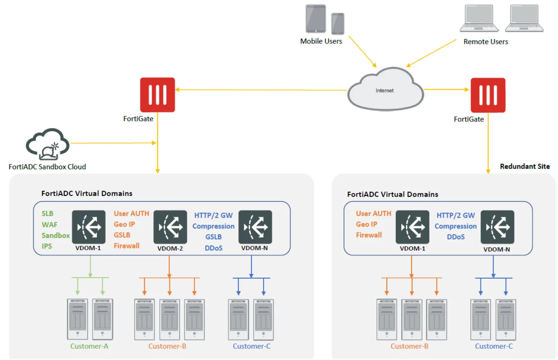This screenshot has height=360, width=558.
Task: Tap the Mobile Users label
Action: [321, 41]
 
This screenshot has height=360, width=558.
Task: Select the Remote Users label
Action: [486, 42]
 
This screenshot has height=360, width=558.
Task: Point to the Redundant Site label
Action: [524, 166]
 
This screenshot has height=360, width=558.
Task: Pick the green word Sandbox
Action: [56, 236]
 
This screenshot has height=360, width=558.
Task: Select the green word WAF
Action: [49, 225]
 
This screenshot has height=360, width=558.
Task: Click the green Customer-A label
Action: [89, 346]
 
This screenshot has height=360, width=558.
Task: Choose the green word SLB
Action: [47, 214]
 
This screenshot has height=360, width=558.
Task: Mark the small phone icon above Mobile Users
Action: [338, 24]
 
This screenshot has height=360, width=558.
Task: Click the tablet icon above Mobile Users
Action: [315, 19]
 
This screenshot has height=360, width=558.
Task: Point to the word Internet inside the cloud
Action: [385, 91]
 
